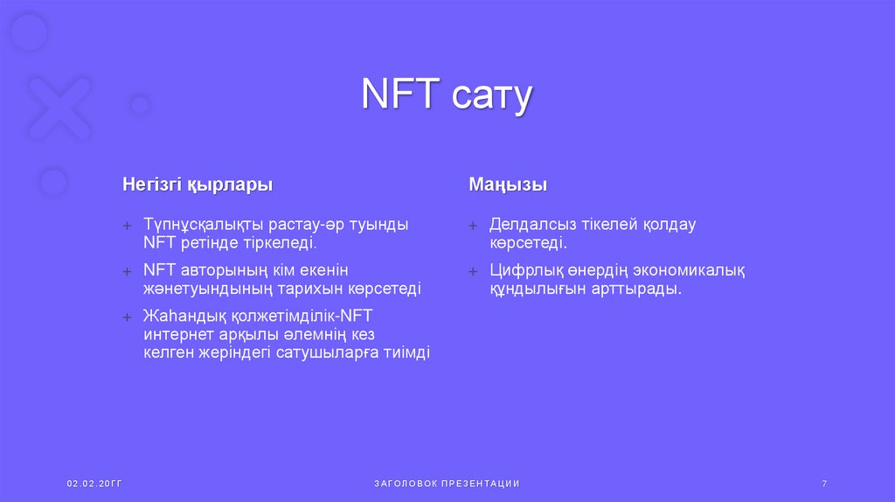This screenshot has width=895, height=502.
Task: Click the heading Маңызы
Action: click(x=508, y=185)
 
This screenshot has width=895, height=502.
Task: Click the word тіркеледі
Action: click(x=280, y=242)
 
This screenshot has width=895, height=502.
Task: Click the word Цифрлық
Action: click(x=522, y=270)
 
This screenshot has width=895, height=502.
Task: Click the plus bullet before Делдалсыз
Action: click(x=473, y=226)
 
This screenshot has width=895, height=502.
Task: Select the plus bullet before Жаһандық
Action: click(x=127, y=317)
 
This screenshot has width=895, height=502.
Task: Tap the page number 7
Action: click(x=824, y=484)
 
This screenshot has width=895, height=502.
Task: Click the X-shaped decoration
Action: click(x=59, y=109)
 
